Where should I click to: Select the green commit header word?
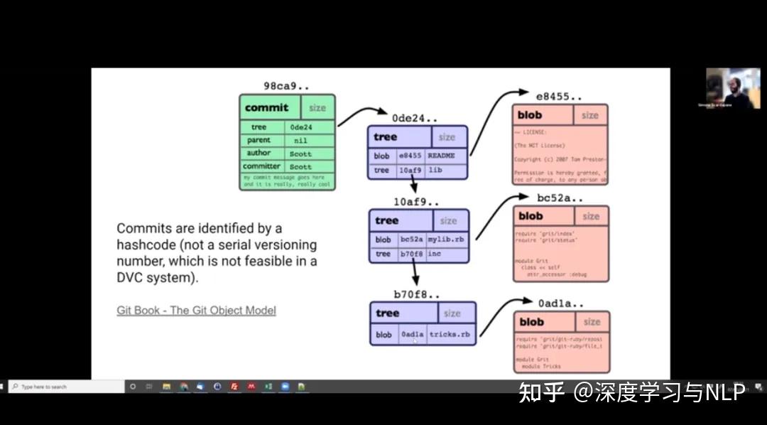tap(266, 108)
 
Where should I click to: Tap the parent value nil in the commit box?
tap(300, 141)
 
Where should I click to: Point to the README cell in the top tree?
tap(442, 156)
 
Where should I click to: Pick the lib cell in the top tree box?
tap(435, 171)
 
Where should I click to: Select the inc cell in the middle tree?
tap(435, 254)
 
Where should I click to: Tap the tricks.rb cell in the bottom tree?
tap(450, 334)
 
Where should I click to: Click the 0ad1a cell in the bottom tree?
tap(412, 334)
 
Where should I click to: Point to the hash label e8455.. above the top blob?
tap(559, 95)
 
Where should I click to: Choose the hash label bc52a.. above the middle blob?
tap(560, 197)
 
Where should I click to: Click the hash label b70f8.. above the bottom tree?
tap(417, 294)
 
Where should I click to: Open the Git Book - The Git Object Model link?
tap(196, 311)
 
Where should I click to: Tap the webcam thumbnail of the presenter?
tap(722, 88)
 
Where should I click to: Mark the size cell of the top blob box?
tap(589, 115)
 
